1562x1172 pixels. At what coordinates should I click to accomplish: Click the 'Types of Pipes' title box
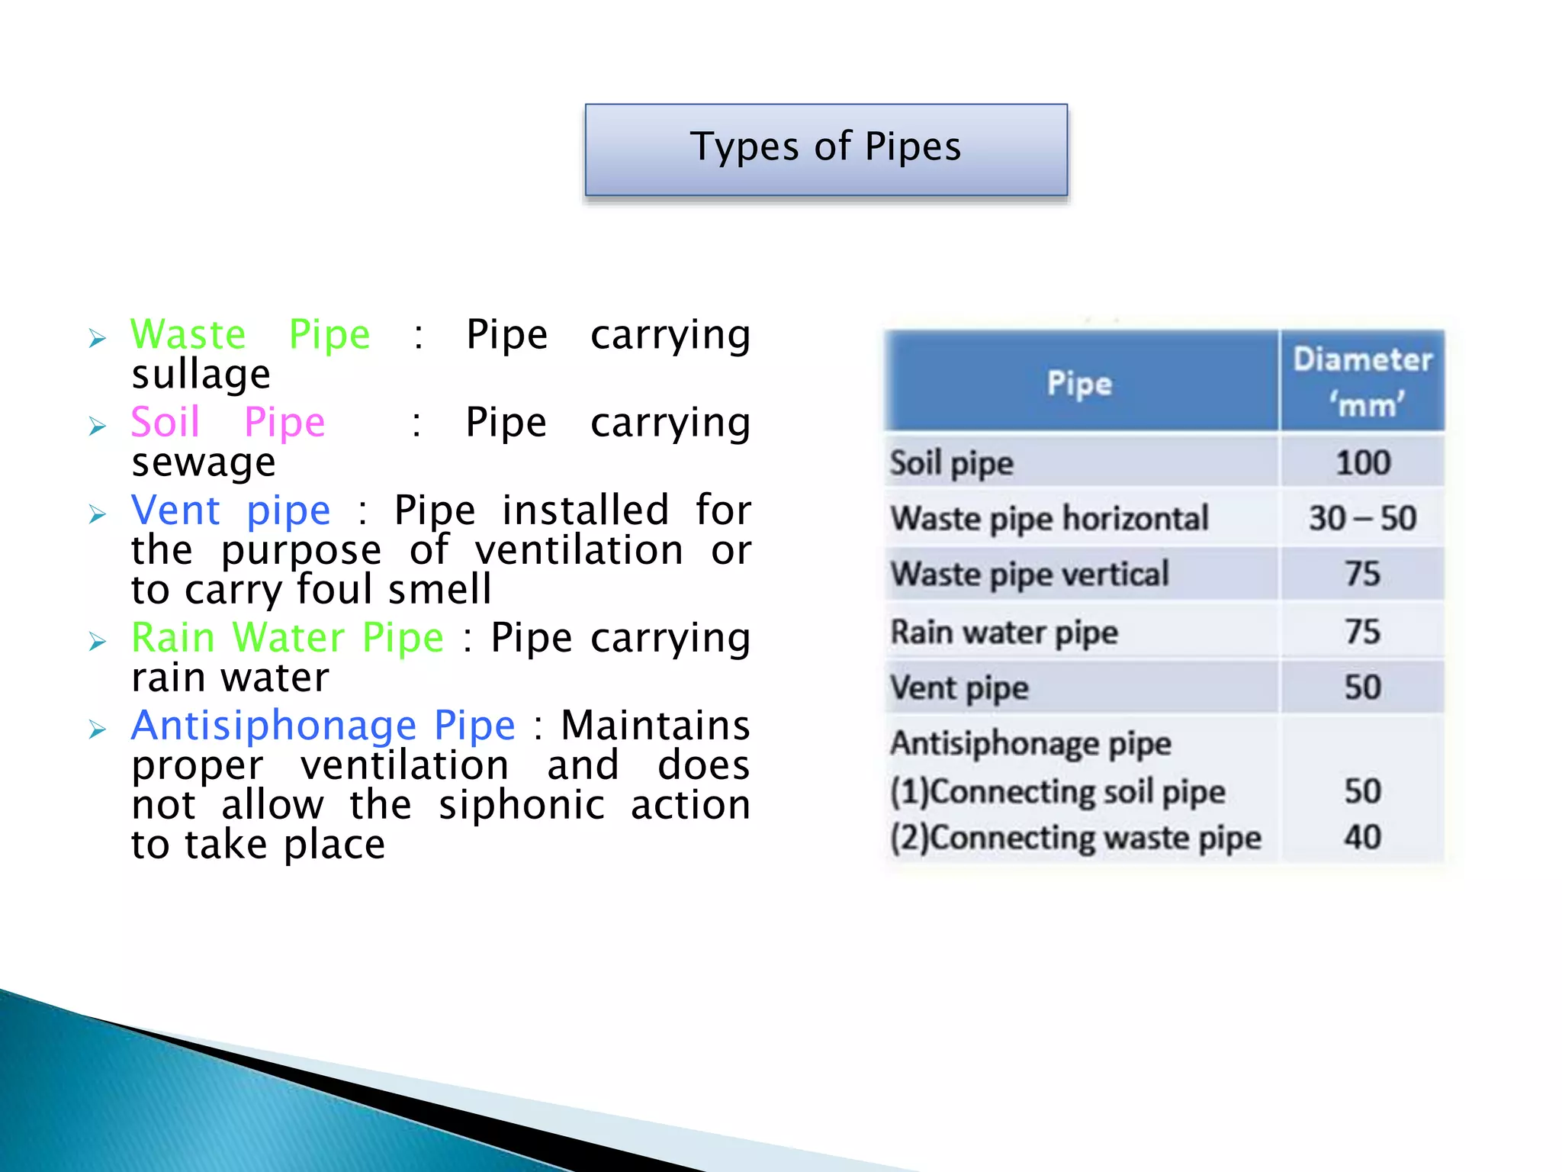[x=826, y=150]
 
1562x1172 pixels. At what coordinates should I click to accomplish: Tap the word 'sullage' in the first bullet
[x=201, y=375]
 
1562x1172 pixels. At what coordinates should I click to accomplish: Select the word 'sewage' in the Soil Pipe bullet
[x=203, y=462]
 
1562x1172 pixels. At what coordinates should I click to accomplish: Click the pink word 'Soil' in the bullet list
[x=165, y=422]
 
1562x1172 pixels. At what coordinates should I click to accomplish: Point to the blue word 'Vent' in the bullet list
[x=175, y=510]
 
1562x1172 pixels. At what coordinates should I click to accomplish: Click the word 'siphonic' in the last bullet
[x=522, y=805]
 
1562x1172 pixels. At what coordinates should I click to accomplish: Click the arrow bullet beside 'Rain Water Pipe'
[x=98, y=641]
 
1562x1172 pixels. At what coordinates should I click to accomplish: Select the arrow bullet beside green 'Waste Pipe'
[x=98, y=338]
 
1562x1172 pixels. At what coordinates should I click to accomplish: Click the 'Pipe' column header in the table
[x=1079, y=383]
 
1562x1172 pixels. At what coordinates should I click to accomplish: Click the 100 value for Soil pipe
[x=1363, y=463]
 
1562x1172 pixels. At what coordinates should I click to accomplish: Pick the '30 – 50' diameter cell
[x=1363, y=519]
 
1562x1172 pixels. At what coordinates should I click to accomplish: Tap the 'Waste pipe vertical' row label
[x=1030, y=575]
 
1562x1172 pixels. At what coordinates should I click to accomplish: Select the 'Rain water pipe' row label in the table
[x=1004, y=633]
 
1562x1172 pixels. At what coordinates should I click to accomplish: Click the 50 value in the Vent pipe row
[x=1363, y=687]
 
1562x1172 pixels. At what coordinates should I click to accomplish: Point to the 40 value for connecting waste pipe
[x=1363, y=837]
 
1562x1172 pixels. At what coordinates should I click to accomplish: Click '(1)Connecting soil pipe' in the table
[x=1058, y=791]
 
